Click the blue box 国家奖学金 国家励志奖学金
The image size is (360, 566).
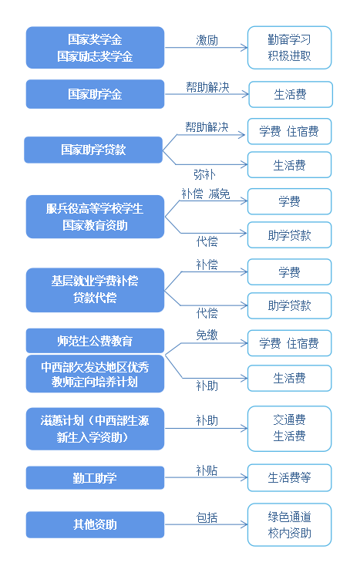point(96,47)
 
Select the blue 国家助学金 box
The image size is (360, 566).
point(96,94)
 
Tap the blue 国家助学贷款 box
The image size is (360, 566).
point(93,150)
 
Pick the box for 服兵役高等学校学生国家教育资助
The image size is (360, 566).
point(96,217)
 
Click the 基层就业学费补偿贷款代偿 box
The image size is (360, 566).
point(96,290)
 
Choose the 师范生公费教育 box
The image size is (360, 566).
point(96,341)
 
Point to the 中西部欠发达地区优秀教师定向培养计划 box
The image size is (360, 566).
point(96,374)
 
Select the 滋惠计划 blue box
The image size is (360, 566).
point(96,429)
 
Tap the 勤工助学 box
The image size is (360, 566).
point(96,478)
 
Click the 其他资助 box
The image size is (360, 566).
point(96,524)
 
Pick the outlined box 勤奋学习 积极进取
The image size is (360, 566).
point(289,48)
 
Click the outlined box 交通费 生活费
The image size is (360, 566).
point(289,429)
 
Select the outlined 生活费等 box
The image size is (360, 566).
point(289,478)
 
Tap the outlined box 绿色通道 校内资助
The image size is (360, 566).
point(289,524)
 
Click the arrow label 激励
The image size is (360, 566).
point(207,40)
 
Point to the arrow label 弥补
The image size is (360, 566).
point(204,174)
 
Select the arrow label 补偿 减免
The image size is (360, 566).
point(206,194)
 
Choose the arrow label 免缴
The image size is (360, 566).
point(207,335)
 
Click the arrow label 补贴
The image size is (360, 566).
point(207,470)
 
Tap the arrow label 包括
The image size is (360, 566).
point(207,517)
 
